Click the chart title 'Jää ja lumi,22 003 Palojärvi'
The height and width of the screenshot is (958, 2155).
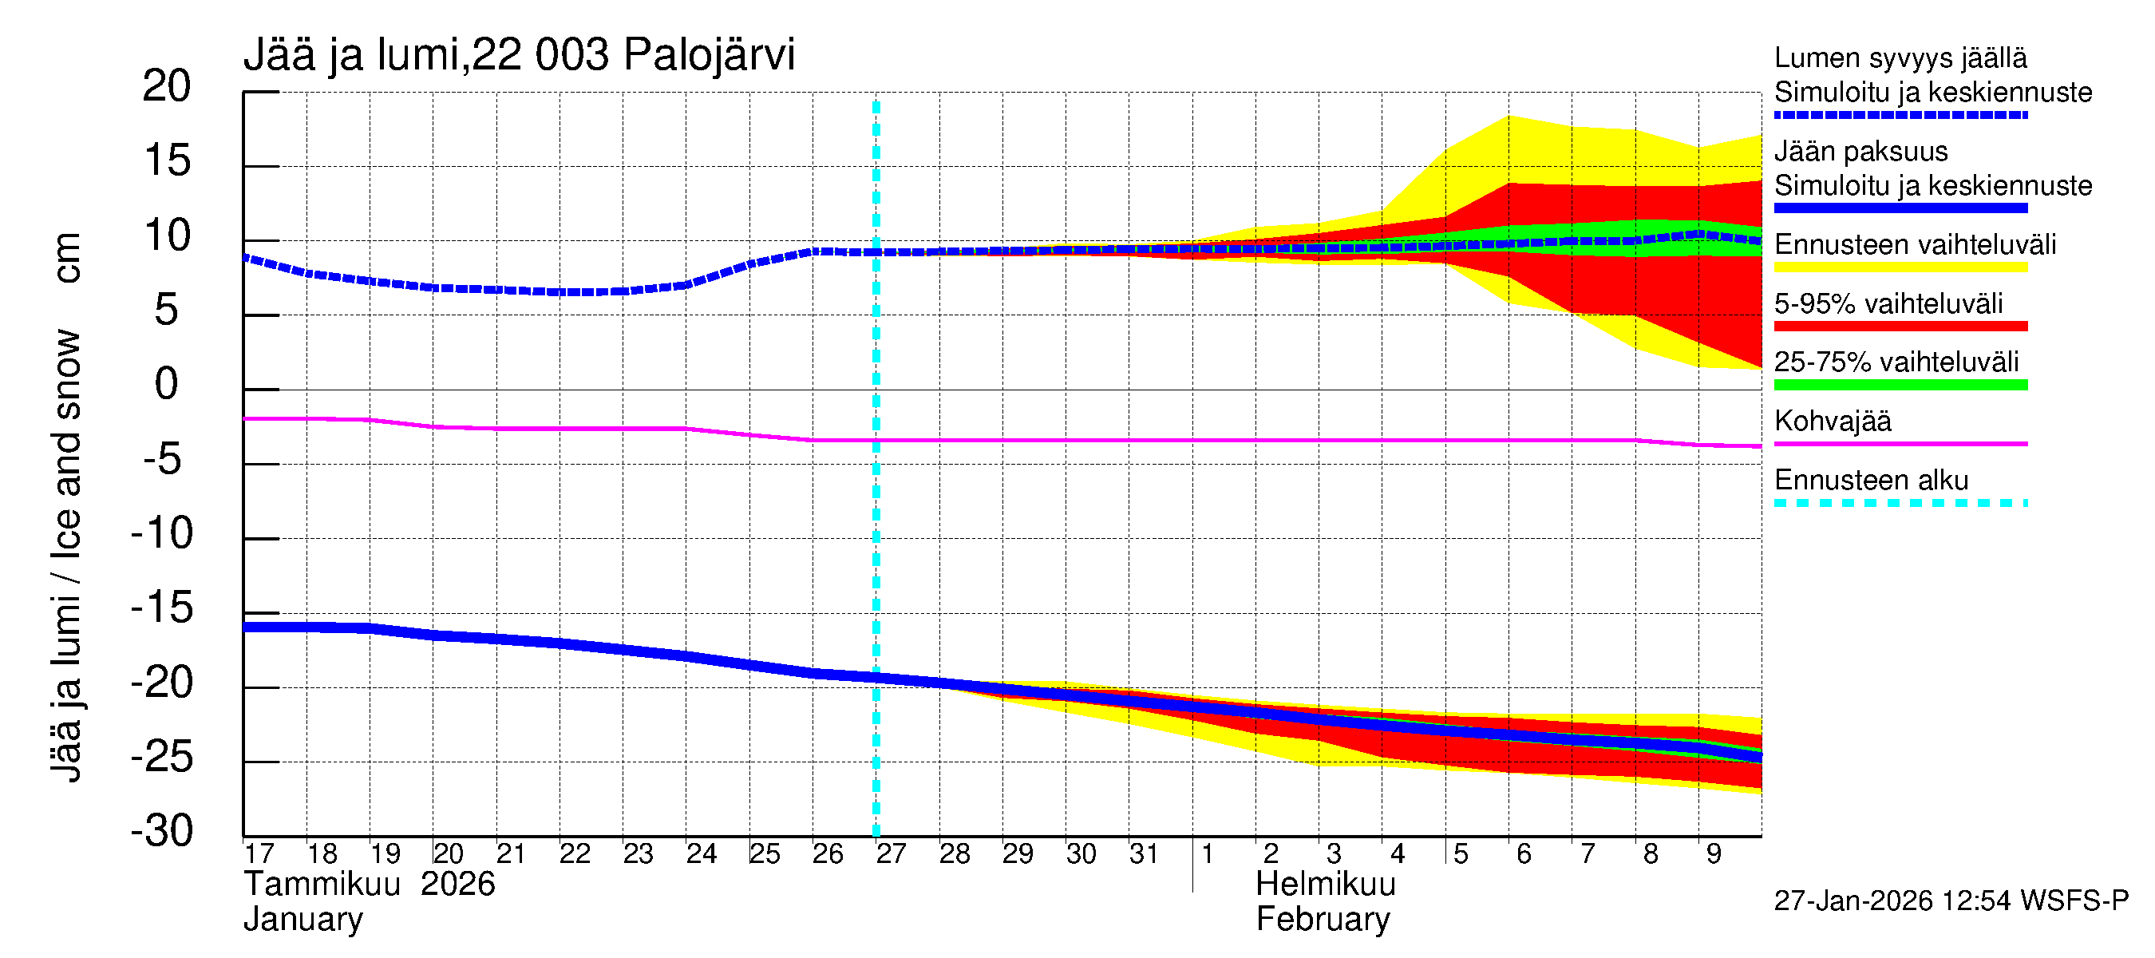tap(519, 55)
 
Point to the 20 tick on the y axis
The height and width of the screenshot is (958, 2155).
tap(167, 86)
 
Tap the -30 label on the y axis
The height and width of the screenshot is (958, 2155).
tap(162, 831)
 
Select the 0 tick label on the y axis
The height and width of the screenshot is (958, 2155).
tap(167, 384)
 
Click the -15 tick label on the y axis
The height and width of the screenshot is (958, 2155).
tap(162, 608)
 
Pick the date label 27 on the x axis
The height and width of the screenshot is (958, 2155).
tap(891, 853)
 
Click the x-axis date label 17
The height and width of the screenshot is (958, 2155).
tap(259, 853)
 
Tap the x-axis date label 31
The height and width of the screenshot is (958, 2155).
tap(1144, 853)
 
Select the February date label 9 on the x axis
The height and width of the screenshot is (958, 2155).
tap(1714, 853)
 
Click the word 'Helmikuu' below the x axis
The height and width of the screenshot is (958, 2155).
tap(1325, 885)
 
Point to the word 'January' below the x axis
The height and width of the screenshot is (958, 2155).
tap(302, 920)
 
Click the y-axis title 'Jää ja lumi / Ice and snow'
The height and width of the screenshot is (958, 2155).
tap(67, 556)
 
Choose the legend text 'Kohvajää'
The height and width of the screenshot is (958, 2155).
tap(1832, 421)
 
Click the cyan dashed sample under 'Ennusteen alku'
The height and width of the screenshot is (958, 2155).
tap(1900, 503)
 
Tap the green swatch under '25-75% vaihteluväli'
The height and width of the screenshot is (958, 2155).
tap(1900, 385)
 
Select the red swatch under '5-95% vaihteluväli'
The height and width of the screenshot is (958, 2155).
tap(1900, 327)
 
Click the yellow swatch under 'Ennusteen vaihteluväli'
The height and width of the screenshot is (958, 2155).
tap(1900, 267)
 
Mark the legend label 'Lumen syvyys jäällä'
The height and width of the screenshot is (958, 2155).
tap(1900, 57)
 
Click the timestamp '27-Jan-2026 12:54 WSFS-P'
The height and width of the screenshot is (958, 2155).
tap(1951, 901)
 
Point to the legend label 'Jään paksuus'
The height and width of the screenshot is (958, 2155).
tap(1860, 152)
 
